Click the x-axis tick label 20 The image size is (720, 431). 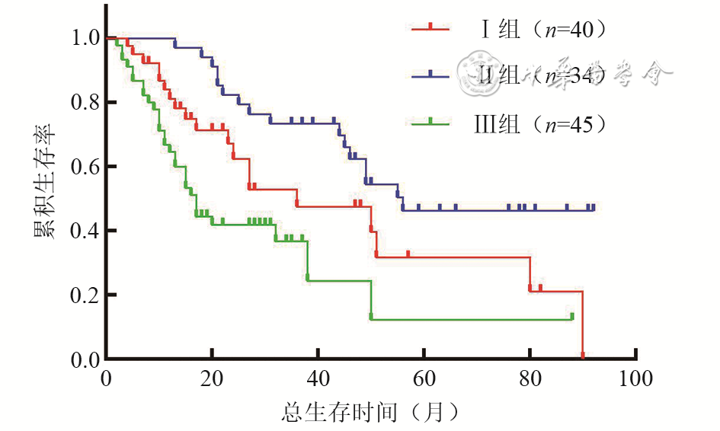coord(212,378)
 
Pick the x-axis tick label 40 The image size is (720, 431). coord(318,378)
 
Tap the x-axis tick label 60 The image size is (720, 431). coord(424,378)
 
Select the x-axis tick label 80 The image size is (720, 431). coord(530,378)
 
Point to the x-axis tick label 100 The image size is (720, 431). coord(635,378)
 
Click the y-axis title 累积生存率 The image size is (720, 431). coord(43,198)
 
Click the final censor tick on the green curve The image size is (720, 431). coord(572,316)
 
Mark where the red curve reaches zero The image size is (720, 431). coord(583,357)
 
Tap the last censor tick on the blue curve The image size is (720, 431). coord(593,207)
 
